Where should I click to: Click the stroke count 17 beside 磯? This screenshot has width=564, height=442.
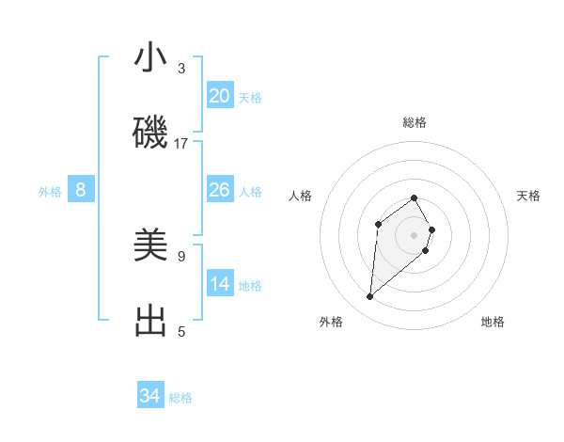[x=181, y=144]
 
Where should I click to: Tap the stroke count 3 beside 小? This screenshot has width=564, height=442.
[x=181, y=69]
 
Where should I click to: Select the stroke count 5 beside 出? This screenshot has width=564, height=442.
[x=181, y=331]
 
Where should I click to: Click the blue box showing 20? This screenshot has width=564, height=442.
[x=220, y=96]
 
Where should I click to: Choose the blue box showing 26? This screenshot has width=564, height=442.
[x=220, y=190]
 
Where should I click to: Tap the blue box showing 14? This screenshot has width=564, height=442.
[x=220, y=284]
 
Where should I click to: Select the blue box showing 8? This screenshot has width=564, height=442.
[x=81, y=190]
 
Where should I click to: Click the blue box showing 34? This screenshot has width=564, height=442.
[x=150, y=396]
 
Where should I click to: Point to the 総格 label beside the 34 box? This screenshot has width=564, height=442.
[x=180, y=398]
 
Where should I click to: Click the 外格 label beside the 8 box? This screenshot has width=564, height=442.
[x=50, y=192]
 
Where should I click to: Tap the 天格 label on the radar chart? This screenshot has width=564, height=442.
[x=528, y=196]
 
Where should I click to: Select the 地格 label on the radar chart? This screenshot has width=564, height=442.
[x=493, y=322]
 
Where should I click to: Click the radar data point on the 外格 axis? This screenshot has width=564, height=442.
[x=370, y=297]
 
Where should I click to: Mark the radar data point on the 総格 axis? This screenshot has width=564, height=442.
[x=415, y=197]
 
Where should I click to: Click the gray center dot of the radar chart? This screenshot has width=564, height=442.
[x=415, y=235]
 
